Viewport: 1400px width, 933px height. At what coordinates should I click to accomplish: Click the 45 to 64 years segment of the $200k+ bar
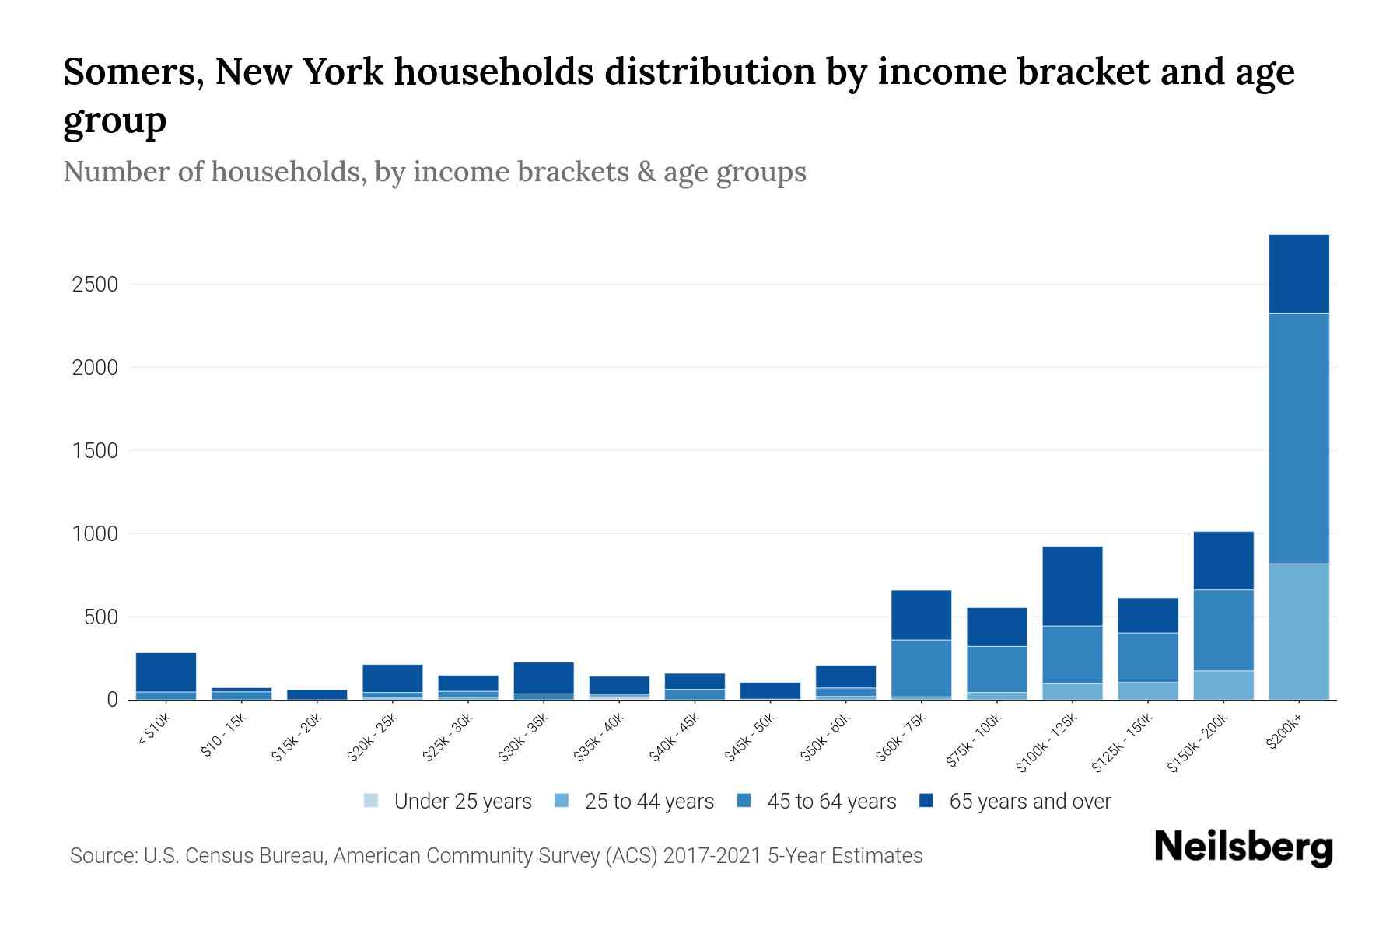click(x=1298, y=439)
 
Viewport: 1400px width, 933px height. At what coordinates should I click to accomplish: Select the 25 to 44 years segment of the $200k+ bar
click(x=1298, y=631)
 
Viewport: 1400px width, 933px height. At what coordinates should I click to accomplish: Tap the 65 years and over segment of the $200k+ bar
click(x=1298, y=274)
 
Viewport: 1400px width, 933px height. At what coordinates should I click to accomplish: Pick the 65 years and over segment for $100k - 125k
click(x=1072, y=586)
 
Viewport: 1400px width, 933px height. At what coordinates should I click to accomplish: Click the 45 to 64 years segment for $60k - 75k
click(x=921, y=668)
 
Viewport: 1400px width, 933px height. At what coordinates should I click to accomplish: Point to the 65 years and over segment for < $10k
click(x=166, y=672)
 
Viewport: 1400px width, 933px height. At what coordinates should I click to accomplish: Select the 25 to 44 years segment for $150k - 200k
click(x=1223, y=685)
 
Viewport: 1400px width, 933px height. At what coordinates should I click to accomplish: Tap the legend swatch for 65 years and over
click(x=926, y=801)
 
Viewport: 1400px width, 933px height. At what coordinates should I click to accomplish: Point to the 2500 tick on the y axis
click(x=95, y=285)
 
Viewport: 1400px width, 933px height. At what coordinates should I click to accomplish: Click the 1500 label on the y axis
click(x=95, y=451)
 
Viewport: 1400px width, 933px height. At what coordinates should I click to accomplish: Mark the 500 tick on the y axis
click(x=101, y=617)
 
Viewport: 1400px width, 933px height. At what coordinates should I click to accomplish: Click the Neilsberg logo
click(x=1243, y=847)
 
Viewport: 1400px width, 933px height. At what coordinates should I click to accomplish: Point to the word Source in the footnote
click(x=102, y=856)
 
